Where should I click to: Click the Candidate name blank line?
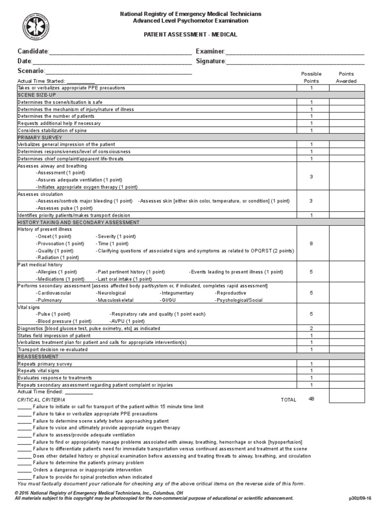(x=120, y=52)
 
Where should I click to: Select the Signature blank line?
(x=295, y=62)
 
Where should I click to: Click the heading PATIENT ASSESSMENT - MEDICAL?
(x=191, y=35)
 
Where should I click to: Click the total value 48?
(x=311, y=399)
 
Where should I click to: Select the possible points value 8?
(x=311, y=244)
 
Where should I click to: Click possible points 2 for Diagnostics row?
(x=311, y=329)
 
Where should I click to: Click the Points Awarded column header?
(x=346, y=78)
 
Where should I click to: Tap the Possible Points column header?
(x=311, y=78)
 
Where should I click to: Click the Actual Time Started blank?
(x=81, y=82)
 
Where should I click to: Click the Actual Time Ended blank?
(x=79, y=392)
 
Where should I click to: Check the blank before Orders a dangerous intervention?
(x=24, y=470)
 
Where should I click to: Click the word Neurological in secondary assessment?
(x=110, y=293)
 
